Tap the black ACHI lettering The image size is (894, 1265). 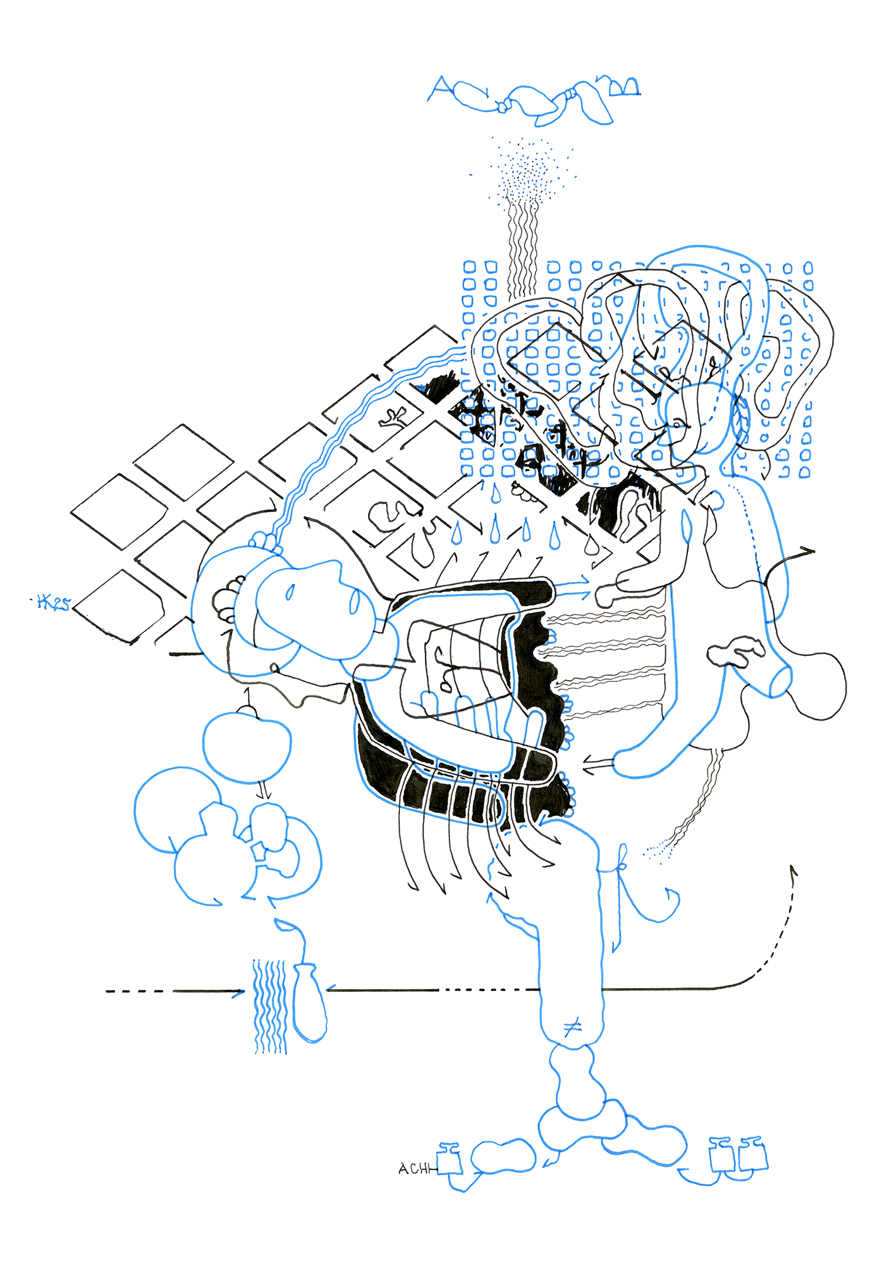[415, 1169]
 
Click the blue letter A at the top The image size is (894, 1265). [440, 88]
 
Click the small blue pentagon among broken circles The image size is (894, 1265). [259, 852]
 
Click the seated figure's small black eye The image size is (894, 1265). [678, 423]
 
